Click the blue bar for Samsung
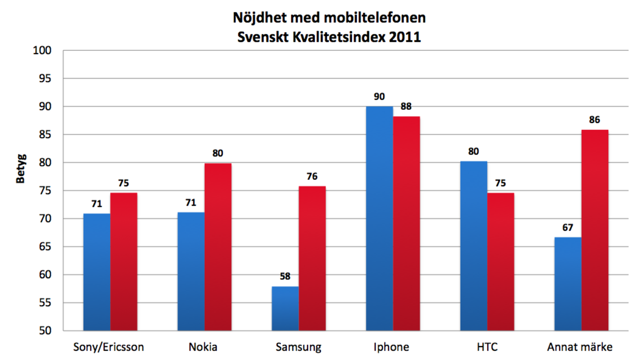285,309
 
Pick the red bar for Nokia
218,246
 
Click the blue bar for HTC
473,246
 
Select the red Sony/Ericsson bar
124,261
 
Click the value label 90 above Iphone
380,97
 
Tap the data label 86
594,120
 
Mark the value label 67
568,228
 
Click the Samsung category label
299,347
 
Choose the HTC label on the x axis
487,347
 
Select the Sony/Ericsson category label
108,347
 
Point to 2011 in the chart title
406,37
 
